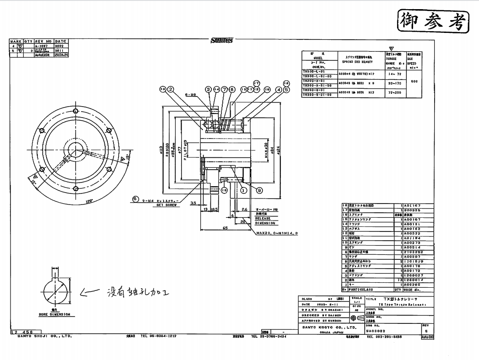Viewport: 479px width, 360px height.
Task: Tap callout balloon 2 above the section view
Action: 171,89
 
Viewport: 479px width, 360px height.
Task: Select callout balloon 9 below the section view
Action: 259,190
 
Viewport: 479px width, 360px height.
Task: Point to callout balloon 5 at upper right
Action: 286,89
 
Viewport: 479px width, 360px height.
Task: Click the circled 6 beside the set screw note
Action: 135,199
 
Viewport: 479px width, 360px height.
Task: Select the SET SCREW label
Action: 166,205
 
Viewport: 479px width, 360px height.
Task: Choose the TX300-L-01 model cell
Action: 313,71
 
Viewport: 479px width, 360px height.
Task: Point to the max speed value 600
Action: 414,81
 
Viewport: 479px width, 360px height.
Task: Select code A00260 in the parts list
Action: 412,285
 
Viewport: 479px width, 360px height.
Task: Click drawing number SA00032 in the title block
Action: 377,330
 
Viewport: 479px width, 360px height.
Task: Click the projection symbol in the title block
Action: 355,318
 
